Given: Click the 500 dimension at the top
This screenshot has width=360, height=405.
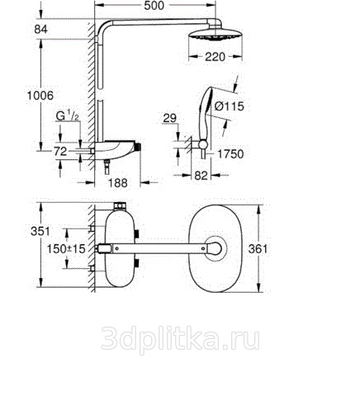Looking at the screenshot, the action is (x=154, y=6).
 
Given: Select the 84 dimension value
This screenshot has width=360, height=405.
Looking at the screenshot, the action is (x=40, y=29).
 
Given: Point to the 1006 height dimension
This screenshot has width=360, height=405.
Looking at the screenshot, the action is (x=40, y=96).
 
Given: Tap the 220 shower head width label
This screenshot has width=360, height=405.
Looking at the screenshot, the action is (x=215, y=57).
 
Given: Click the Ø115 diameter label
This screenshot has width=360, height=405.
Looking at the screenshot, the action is (x=230, y=106).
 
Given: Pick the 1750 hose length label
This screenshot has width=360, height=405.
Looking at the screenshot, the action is (x=230, y=154).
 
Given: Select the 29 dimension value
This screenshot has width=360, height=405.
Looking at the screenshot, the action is (x=169, y=118).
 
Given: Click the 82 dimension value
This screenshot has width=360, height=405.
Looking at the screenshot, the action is (x=201, y=176).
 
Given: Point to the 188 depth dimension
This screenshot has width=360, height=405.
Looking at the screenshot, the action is (x=117, y=183).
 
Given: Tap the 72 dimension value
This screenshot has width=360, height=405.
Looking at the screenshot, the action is (x=60, y=151).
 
